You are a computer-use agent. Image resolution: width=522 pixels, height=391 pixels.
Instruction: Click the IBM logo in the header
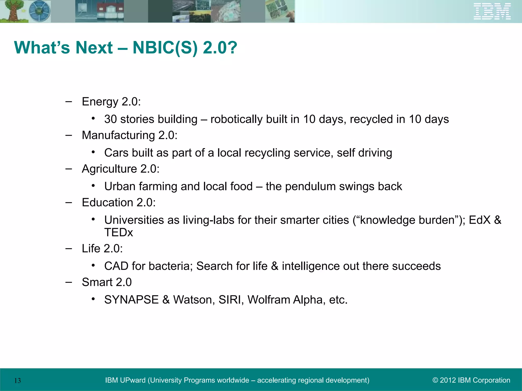point(492,11)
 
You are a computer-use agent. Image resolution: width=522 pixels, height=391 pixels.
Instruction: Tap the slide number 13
point(17,381)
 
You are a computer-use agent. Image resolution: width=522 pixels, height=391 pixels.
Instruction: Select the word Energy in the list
point(100,102)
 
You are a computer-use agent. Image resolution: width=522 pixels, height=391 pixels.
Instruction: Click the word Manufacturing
point(118,135)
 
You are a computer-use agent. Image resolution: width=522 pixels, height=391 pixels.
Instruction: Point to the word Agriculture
point(109,169)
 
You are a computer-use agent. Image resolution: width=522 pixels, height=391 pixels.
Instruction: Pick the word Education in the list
point(107,203)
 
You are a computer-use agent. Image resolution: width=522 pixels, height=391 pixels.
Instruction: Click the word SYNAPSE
point(131,300)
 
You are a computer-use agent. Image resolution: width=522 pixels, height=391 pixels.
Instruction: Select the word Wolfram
point(269,300)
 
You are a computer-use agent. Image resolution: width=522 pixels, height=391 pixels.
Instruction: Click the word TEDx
point(119,232)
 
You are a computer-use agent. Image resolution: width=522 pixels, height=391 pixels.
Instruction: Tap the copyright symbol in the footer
point(435,380)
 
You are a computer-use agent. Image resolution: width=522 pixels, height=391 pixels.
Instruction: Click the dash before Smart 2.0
point(69,282)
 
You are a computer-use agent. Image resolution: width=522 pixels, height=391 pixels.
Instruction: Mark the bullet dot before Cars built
point(94,152)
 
